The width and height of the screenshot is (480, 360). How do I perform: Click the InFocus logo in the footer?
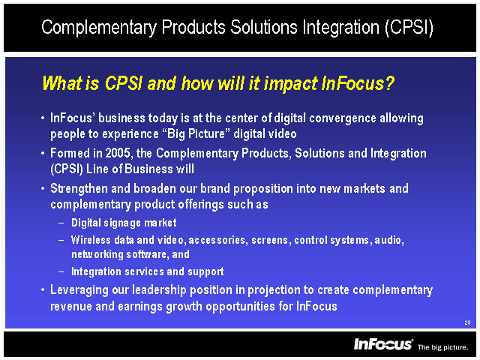(383, 344)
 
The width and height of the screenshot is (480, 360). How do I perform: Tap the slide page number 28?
(467, 322)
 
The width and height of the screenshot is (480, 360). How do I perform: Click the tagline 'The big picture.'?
(443, 347)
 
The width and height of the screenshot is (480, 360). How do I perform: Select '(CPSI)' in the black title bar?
(409, 27)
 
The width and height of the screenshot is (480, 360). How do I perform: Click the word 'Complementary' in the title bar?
(99, 28)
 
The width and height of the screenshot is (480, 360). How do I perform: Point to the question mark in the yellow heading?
(389, 83)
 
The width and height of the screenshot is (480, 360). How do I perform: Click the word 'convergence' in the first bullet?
(343, 118)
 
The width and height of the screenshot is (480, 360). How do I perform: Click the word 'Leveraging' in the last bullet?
(79, 290)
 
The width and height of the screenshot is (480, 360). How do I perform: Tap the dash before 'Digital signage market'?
(61, 223)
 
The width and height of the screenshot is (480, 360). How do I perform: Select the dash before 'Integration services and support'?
(61, 271)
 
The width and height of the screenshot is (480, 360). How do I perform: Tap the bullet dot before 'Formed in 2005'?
(43, 153)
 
